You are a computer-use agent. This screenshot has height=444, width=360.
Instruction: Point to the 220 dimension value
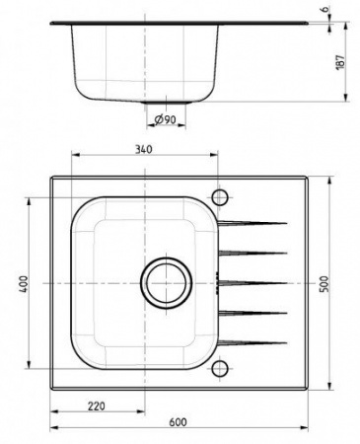96,405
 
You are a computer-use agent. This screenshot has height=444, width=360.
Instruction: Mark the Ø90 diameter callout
165,120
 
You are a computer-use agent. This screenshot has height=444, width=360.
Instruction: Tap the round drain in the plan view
164,281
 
